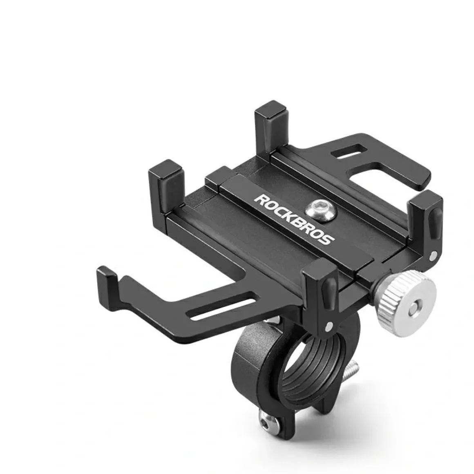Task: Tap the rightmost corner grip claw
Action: [x=426, y=224]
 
